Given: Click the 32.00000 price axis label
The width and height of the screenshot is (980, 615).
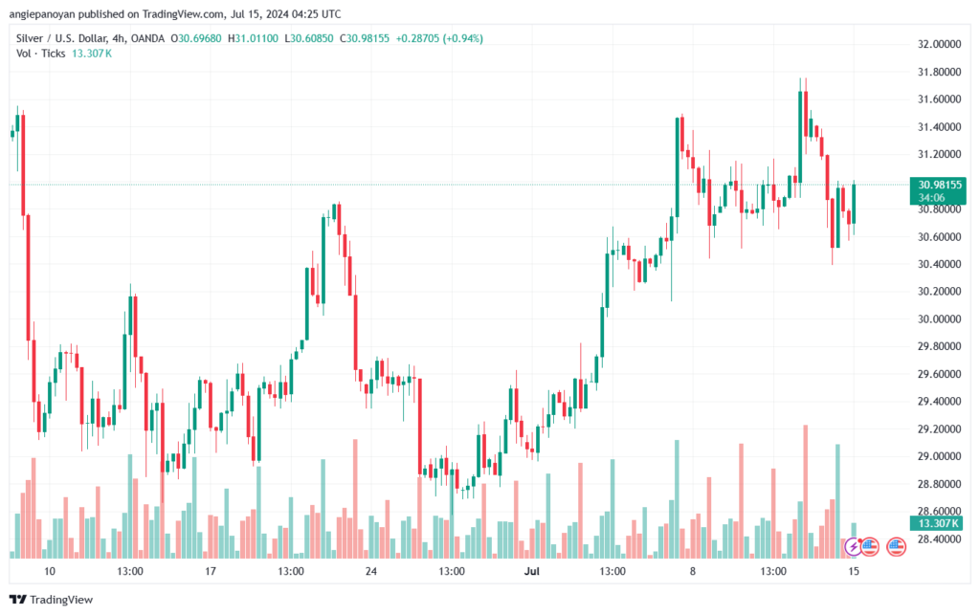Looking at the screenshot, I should click(939, 44).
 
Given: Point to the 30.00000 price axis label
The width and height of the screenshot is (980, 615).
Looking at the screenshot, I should click(939, 319).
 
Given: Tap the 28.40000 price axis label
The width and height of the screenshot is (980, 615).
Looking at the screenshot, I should click(939, 539).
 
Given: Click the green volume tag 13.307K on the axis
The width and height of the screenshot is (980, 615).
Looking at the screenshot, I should click(938, 523).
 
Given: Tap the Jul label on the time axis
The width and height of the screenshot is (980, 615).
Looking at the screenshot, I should click(532, 571).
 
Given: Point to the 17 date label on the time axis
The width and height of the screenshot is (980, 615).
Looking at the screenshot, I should click(211, 571).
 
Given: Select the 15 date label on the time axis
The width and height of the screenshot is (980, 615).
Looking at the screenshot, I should click(853, 571).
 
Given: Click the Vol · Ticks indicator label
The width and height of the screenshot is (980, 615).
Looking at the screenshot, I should click(40, 53).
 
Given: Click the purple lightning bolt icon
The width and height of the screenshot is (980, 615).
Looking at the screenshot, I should click(853, 546).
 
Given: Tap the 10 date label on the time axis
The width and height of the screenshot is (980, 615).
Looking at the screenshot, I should click(50, 571).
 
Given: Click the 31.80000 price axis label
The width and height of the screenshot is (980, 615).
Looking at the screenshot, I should click(939, 72).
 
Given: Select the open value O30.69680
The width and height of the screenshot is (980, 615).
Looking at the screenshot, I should click(198, 38).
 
